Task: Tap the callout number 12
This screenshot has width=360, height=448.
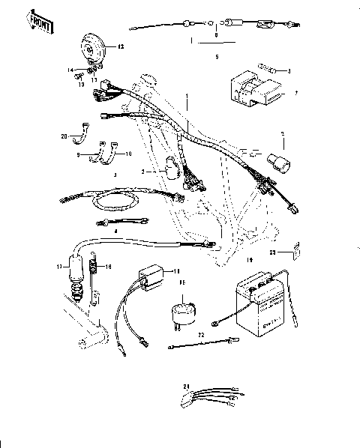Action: coord(121,47)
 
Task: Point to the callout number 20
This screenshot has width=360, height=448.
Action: coord(64,136)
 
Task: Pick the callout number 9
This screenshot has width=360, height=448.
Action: coord(77,154)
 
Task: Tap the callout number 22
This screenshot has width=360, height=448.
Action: coord(201,333)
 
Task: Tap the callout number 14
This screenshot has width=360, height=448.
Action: coord(73,71)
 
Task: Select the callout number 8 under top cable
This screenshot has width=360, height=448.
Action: coord(216,35)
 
